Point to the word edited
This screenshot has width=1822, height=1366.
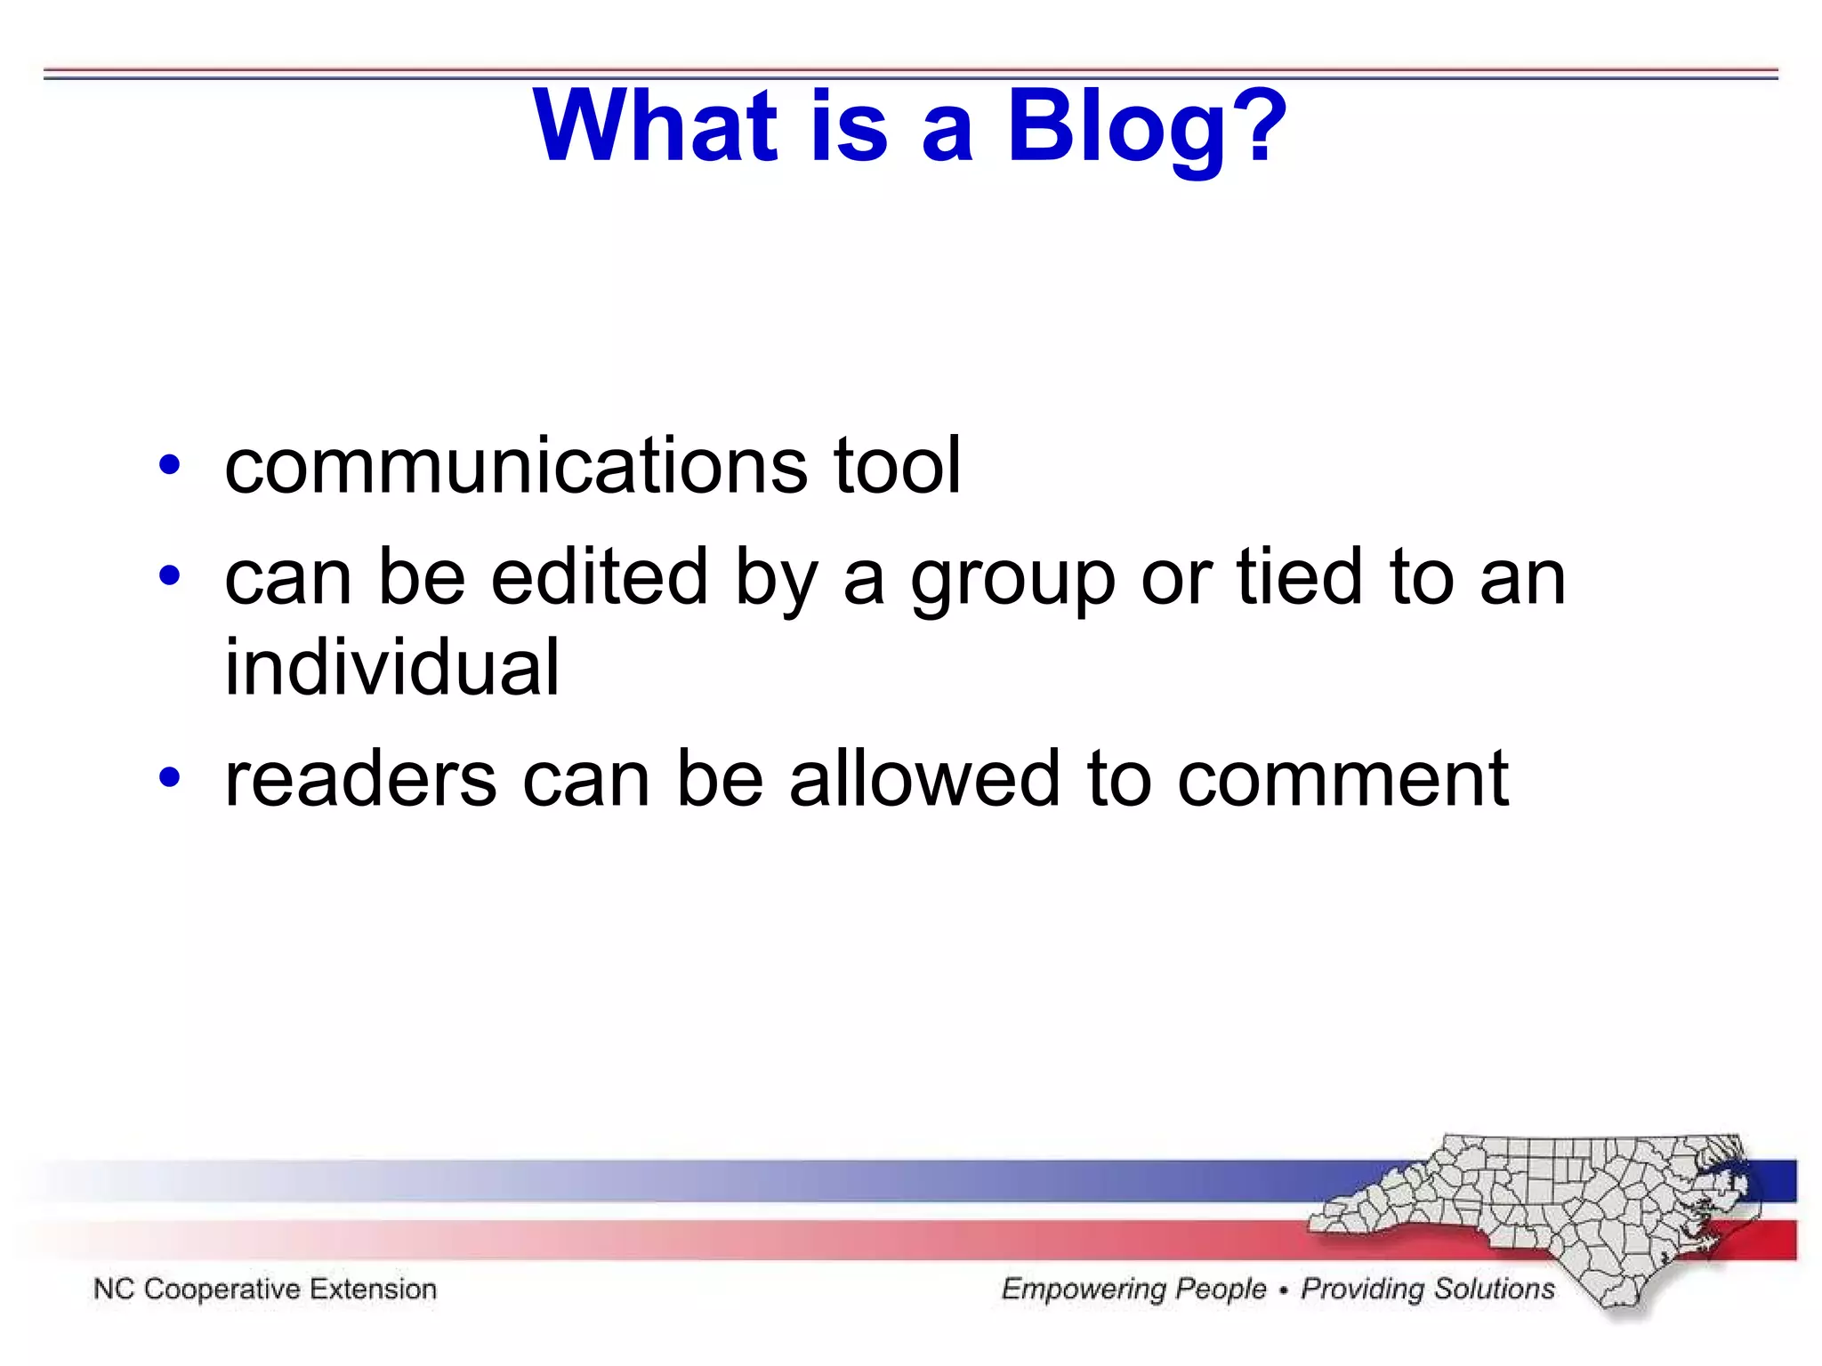click(x=600, y=577)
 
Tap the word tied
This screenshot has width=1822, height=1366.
click(x=1300, y=577)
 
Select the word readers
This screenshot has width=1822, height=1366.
click(x=360, y=779)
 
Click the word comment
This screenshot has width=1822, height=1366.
click(x=1343, y=781)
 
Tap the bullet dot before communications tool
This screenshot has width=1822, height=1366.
click(x=169, y=465)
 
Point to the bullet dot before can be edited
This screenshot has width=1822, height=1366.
click(x=169, y=577)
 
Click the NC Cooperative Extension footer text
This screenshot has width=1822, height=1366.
click(x=265, y=1289)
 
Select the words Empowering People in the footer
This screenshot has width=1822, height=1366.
click(x=1133, y=1289)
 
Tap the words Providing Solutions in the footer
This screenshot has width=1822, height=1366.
click(x=1428, y=1289)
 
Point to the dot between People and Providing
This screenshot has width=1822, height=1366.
click(x=1283, y=1290)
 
